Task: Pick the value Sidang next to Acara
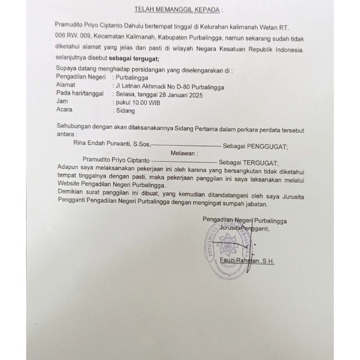coord(125,111)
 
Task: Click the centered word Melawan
coord(180,152)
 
